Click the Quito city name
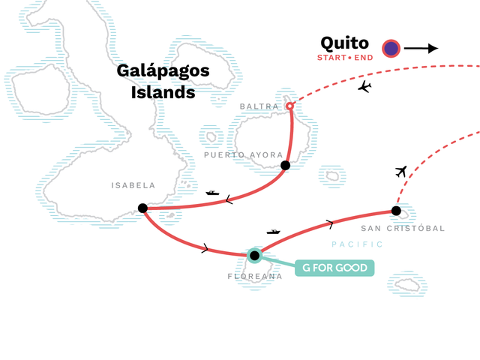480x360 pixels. (344, 43)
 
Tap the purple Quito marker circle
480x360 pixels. (391, 48)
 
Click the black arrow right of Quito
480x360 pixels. (421, 48)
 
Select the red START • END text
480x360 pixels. (345, 58)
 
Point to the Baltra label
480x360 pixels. (259, 106)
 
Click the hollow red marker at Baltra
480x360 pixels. (289, 106)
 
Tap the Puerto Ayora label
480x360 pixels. (243, 155)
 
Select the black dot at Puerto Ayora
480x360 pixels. (285, 165)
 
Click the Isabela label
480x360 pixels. (133, 185)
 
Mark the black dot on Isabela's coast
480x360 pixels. (142, 208)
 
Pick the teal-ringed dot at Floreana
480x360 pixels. (254, 255)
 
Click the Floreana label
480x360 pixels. (255, 277)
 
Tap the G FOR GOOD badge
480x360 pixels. (334, 268)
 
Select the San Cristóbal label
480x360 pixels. (403, 228)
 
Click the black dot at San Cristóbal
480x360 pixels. (396, 211)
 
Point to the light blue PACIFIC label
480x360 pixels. (357, 244)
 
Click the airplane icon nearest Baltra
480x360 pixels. (364, 87)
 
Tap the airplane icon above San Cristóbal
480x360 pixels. (401, 172)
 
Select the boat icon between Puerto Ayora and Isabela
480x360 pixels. (212, 193)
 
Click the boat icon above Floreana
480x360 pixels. (273, 232)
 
